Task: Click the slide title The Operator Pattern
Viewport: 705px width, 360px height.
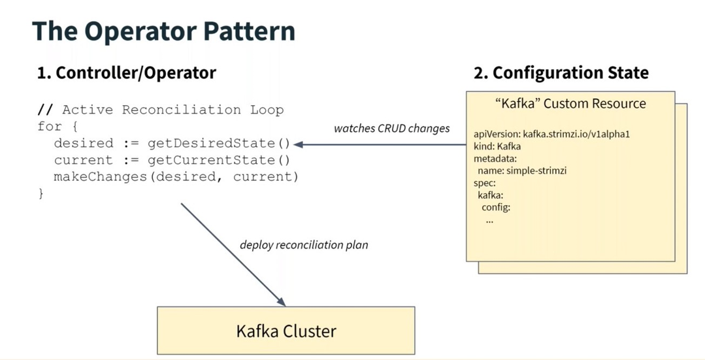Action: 163,31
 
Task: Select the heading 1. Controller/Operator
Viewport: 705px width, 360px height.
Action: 126,73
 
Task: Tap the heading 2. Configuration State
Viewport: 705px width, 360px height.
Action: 561,73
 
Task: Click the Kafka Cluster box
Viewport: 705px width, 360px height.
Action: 286,331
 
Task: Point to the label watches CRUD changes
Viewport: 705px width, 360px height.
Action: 391,128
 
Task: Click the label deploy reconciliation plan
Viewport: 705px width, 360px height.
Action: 304,245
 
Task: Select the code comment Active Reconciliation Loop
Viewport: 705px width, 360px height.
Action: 172,110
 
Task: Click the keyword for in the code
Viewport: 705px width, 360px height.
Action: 50,126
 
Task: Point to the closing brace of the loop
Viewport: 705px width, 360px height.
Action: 41,193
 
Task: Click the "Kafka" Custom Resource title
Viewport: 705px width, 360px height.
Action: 570,104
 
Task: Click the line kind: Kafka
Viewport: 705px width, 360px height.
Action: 497,146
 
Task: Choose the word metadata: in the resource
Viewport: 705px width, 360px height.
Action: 495,159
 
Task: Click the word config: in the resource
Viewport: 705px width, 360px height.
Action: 495,207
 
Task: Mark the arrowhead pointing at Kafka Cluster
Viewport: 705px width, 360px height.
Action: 282,302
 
